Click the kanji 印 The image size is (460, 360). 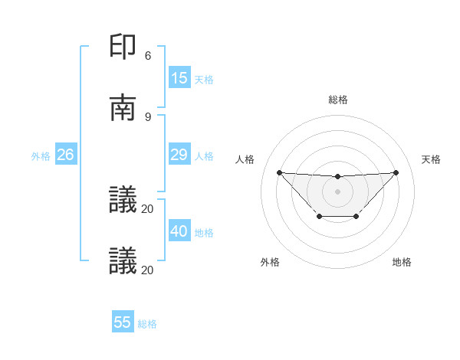click(x=123, y=47)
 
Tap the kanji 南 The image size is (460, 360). click(x=123, y=108)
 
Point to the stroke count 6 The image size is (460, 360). click(x=148, y=55)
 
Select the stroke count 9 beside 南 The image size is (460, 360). click(x=148, y=116)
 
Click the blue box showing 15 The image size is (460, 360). click(x=179, y=78)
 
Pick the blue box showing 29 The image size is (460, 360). click(x=179, y=155)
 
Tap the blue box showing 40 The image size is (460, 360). click(x=179, y=231)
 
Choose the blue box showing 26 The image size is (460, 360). click(x=66, y=155)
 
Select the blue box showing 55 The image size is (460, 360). click(x=123, y=322)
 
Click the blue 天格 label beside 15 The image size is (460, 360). click(x=204, y=79)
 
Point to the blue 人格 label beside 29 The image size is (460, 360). click(x=204, y=155)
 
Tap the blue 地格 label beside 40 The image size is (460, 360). click(x=204, y=232)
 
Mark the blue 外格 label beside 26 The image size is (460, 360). click(x=41, y=155)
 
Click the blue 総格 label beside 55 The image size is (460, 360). click(x=147, y=323)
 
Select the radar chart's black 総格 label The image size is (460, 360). click(x=337, y=100)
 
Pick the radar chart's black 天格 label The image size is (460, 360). click(x=432, y=159)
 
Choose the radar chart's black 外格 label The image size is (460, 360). click(x=270, y=262)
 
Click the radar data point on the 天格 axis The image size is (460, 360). click(x=396, y=172)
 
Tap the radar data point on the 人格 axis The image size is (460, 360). click(x=279, y=172)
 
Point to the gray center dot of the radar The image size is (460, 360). click(x=337, y=191)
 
